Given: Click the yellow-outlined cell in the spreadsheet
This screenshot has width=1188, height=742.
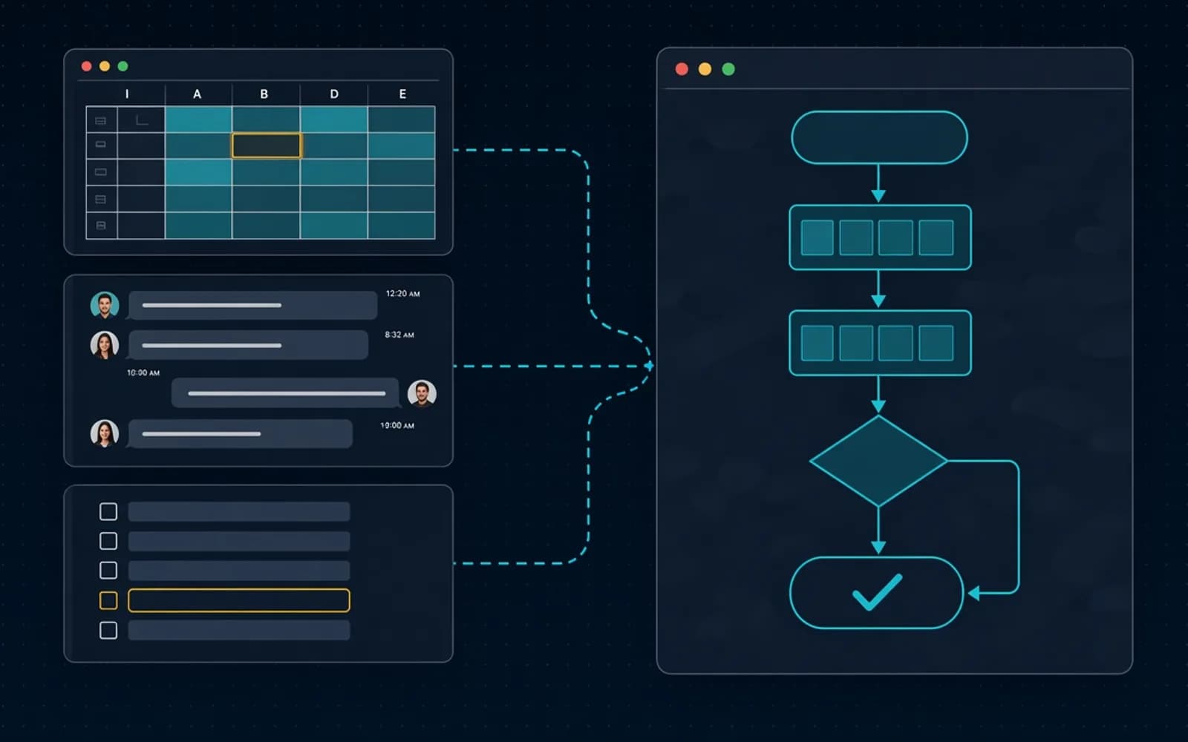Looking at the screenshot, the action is tap(267, 145).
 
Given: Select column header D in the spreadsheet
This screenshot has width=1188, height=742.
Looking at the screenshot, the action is tap(334, 93).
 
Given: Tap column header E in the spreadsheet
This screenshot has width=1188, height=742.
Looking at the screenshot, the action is tap(402, 93).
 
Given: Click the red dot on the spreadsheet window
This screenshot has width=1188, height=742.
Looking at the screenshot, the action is tap(86, 66).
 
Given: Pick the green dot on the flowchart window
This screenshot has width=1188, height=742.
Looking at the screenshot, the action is tap(728, 69).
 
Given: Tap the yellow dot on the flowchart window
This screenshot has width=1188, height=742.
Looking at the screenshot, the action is tap(705, 69).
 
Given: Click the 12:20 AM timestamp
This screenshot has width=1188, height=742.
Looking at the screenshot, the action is tap(403, 294).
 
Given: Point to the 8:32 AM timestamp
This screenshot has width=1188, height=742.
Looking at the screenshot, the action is tap(399, 335).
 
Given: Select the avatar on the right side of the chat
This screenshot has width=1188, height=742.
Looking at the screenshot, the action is tap(422, 394).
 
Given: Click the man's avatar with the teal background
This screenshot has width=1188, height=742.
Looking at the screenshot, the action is tap(105, 305).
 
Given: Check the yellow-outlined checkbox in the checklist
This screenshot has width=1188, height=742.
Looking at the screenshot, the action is tap(108, 600).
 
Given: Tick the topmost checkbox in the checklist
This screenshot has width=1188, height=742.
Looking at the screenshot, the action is tap(108, 511).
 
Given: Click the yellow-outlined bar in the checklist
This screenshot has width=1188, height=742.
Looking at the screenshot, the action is tap(238, 600).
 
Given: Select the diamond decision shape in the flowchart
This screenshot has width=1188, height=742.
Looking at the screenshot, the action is tap(878, 461).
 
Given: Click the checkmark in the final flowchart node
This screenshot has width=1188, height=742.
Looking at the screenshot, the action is tap(877, 592).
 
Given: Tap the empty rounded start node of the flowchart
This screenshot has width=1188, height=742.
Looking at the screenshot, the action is tap(879, 137).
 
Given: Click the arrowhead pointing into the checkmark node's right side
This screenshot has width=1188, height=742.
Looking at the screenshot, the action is tap(973, 593).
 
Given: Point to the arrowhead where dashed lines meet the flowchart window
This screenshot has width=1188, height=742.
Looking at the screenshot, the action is tap(649, 366).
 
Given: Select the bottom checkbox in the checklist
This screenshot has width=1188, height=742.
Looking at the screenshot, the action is tap(108, 630).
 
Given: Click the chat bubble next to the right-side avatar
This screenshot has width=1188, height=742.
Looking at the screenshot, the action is tap(285, 393).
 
